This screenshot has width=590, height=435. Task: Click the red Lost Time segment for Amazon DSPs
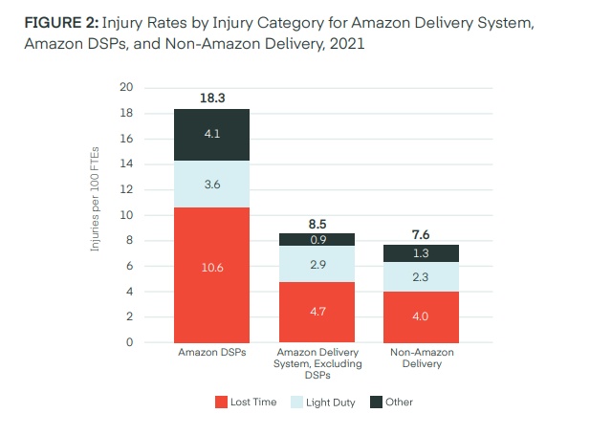click(x=210, y=274)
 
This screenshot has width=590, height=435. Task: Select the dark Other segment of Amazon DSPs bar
click(x=210, y=135)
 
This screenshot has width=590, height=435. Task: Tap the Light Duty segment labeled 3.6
click(x=210, y=184)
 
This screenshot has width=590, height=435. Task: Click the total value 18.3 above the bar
click(x=212, y=98)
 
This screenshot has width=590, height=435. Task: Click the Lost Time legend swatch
click(x=221, y=402)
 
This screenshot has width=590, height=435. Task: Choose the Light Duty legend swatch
click(x=296, y=402)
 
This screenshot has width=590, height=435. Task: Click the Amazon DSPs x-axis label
click(x=210, y=354)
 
